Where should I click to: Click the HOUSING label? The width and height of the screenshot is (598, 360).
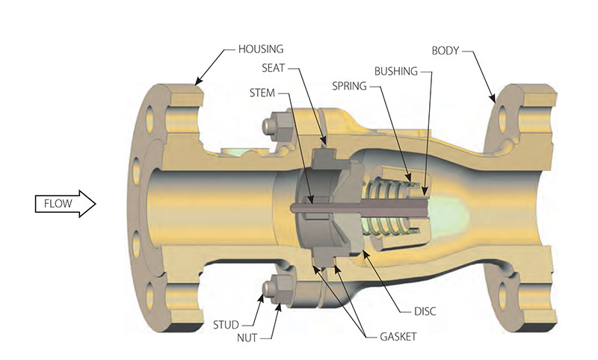pos(261,50)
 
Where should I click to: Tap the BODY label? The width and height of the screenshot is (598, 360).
pos(446,51)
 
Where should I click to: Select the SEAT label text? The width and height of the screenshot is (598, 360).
pos(274,69)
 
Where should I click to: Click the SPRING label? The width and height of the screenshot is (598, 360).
pos(349,86)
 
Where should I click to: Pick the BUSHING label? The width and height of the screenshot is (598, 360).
pos(398,71)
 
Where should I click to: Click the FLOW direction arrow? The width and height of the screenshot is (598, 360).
pos(66,202)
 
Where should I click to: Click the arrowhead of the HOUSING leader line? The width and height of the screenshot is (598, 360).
pos(197,81)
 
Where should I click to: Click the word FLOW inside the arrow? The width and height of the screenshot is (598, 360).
pos(58,202)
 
